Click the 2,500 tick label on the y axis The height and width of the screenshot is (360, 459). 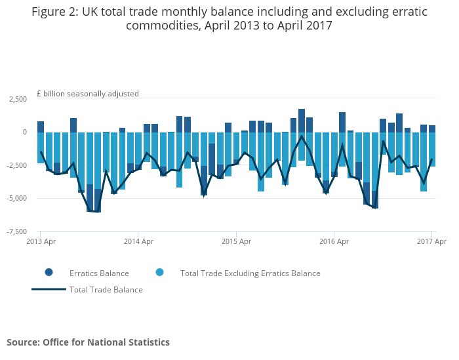pos(18,99)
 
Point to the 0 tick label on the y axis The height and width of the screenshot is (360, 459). pos(25,132)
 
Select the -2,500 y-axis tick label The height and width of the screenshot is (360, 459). pos(17,165)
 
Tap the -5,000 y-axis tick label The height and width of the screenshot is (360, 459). pos(17,198)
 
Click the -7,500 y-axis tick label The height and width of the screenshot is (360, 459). pos(17,231)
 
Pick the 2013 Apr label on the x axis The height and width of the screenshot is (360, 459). pos(41,241)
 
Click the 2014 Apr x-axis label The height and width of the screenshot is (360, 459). pos(138,241)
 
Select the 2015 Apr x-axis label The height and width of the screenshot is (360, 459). pos(236,241)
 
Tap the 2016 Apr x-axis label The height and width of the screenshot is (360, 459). pos(334,241)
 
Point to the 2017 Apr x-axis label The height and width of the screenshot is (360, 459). pos(431,241)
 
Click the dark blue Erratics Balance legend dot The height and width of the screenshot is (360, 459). pos(49,272)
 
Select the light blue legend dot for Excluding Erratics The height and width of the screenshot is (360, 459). pos(159,272)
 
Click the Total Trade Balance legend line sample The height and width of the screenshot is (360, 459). pos(49,289)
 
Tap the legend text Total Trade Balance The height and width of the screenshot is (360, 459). pos(106,290)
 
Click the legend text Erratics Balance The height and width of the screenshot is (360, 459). pos(99,273)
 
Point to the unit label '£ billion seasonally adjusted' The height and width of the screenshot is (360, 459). pos(88,94)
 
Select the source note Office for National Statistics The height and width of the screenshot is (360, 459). pos(106,342)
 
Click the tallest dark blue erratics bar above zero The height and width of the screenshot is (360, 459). pos(302,121)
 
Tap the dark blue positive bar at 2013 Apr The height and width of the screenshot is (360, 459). pos(41,127)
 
